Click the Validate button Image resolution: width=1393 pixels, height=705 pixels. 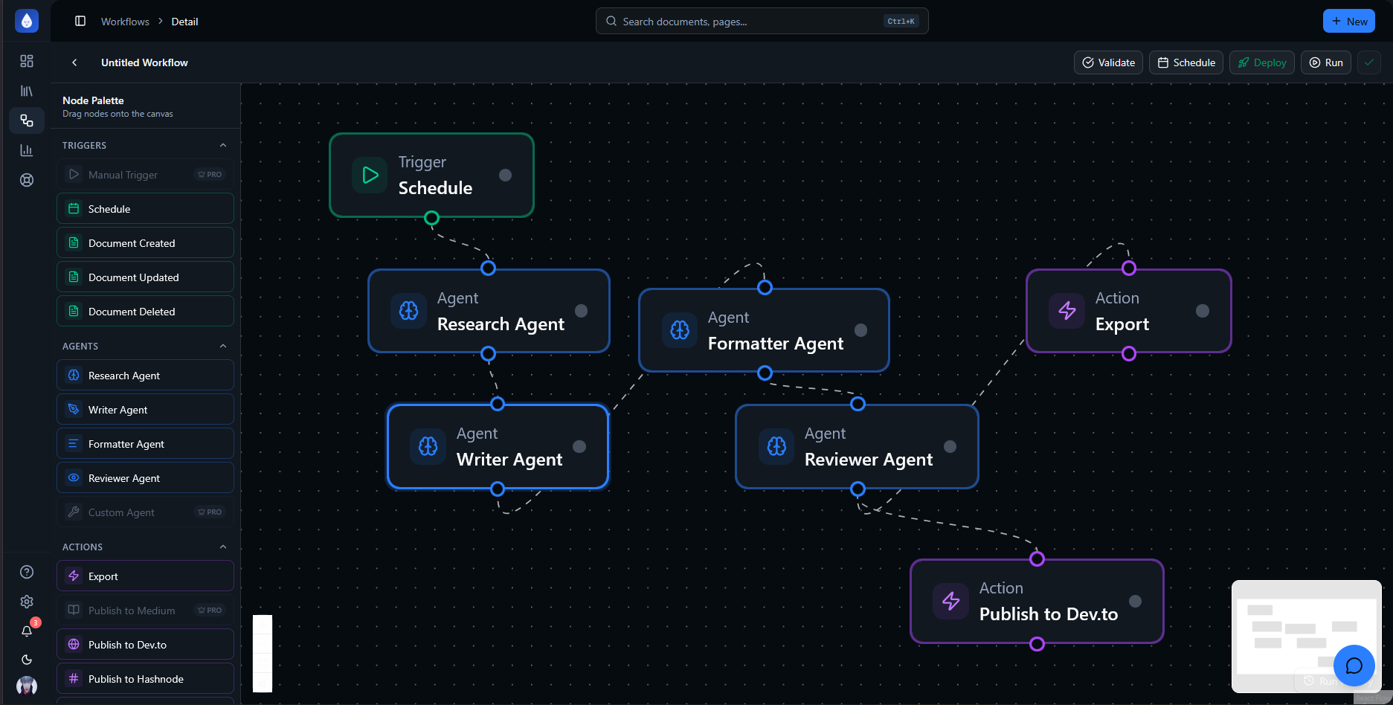[1108, 62]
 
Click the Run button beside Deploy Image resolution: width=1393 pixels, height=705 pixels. [1325, 62]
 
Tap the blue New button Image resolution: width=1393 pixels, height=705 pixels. [1348, 22]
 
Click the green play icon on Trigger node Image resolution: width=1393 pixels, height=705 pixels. [370, 176]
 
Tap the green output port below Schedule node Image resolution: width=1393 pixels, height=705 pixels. [431, 218]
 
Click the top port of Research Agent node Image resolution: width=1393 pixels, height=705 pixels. [488, 268]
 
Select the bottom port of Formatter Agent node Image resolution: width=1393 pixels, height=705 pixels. [765, 373]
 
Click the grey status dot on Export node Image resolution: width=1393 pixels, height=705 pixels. [1202, 311]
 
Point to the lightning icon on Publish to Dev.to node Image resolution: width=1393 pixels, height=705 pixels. [951, 601]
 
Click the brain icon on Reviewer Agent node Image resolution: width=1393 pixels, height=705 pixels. [776, 446]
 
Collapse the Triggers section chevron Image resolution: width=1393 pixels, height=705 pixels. [223, 145]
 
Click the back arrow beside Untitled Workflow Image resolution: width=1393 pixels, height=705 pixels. [74, 62]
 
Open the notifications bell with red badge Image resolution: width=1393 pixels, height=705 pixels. [27, 631]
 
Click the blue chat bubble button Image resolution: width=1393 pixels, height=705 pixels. [1354, 665]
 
